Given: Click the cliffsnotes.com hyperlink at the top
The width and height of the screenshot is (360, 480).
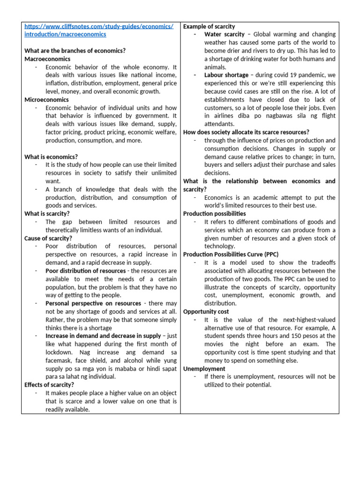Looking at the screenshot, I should [x=98, y=30].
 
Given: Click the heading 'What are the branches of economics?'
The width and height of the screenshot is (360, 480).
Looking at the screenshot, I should [x=75, y=51].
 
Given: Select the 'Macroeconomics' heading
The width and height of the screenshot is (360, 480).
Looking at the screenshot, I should [x=47, y=59].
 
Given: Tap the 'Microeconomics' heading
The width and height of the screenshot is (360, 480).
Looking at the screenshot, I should [x=46, y=100].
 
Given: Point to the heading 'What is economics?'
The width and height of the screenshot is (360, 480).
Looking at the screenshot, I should [x=51, y=157].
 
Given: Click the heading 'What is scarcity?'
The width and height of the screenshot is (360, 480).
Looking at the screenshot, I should [x=47, y=214].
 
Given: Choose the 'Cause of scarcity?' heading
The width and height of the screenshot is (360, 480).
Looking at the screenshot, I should [x=48, y=238].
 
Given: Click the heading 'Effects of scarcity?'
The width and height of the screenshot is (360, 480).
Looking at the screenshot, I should [x=49, y=385].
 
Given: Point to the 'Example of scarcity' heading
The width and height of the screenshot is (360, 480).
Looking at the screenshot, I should [x=209, y=26].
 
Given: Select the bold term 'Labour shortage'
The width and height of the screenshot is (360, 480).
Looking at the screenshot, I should [x=226, y=75].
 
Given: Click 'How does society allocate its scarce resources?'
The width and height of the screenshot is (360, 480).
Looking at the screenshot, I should [x=246, y=132].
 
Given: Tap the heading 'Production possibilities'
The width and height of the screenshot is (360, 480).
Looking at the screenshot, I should [x=214, y=213].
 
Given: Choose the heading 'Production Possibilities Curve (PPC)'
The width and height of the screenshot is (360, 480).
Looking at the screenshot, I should [x=231, y=255].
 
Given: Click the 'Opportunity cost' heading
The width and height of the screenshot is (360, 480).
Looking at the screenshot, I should [x=206, y=311].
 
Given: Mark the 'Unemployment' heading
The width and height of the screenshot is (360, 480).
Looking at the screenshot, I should [x=204, y=369].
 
